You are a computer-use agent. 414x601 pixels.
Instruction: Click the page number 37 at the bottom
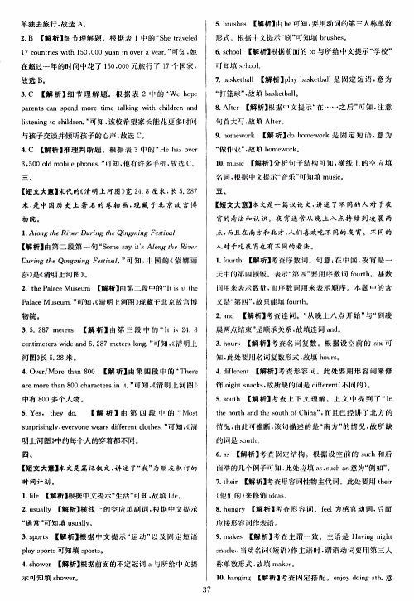click(x=207, y=589)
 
